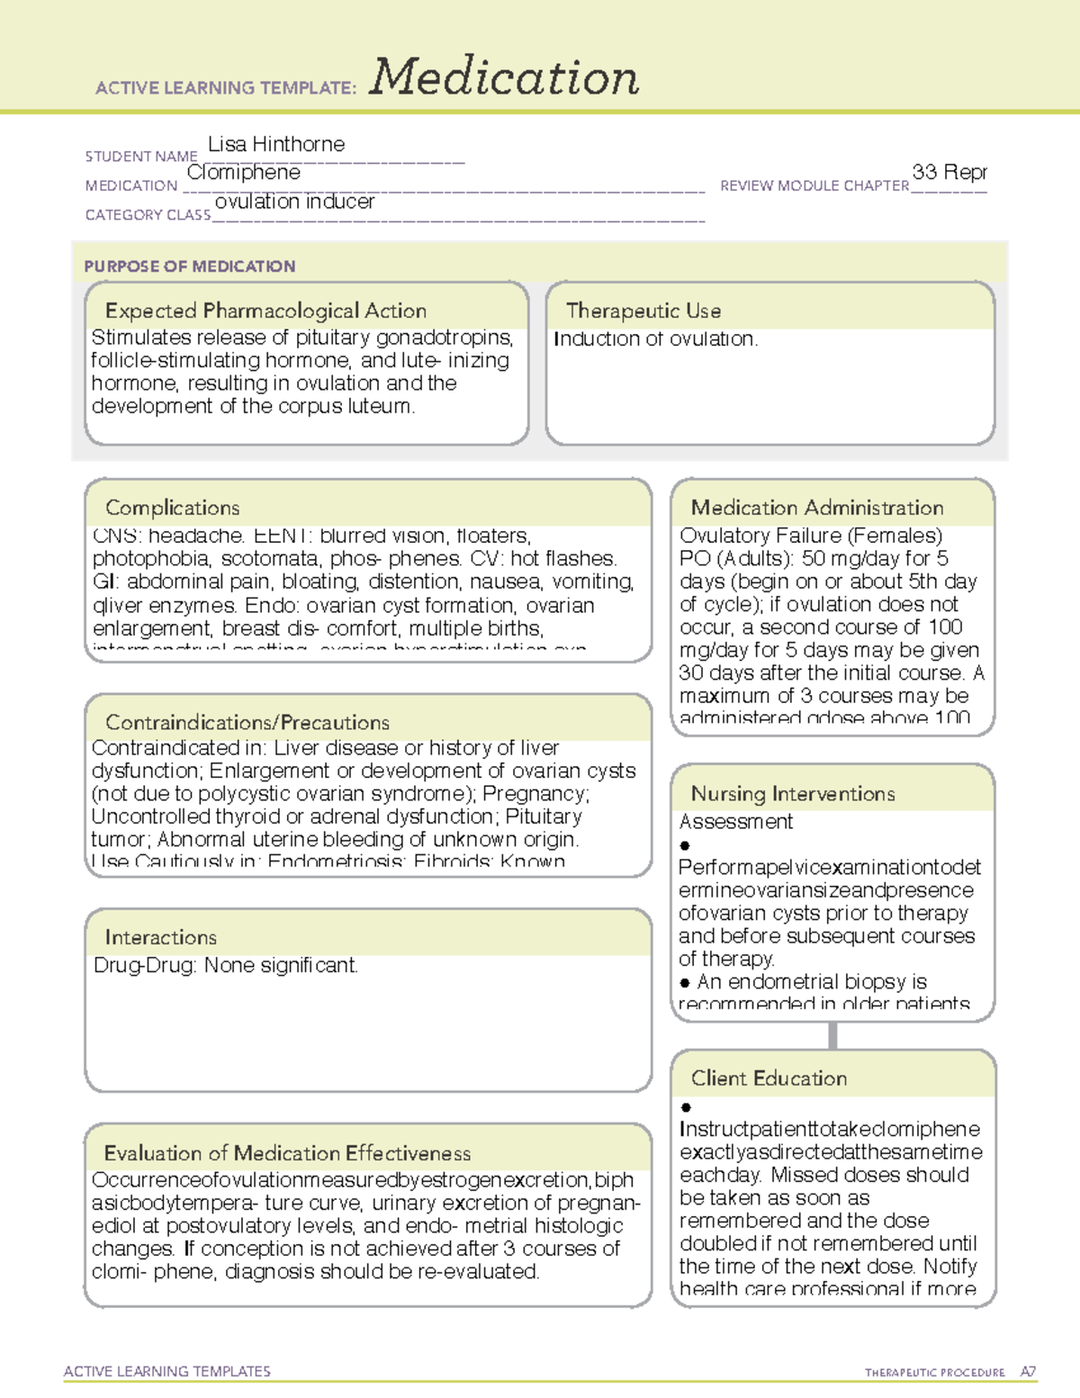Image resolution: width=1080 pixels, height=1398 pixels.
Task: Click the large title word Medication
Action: pos(504,77)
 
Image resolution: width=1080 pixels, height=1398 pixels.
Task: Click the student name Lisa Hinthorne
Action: pos(275,144)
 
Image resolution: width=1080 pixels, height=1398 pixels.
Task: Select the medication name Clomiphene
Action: pos(244,172)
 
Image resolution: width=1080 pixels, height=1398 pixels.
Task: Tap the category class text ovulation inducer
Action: pos(294,202)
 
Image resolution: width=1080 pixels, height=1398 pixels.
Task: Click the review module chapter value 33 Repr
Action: pos(949,172)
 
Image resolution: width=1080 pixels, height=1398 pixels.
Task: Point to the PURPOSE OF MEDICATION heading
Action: pos(190,266)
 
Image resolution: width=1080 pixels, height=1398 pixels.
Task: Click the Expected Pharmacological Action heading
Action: pos(265,311)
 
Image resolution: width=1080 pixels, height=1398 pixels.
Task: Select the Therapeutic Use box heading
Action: pos(643,311)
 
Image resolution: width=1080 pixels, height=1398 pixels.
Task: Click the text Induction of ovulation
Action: pos(655,339)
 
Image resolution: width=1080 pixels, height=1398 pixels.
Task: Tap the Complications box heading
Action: pos(173,508)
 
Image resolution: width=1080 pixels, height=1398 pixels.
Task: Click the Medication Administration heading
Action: pos(817,508)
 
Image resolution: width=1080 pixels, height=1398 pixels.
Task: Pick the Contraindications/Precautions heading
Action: pos(247,722)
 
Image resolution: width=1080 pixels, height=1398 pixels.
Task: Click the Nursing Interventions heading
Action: pos(793,793)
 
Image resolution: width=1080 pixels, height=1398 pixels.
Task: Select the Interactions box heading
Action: pos(160,937)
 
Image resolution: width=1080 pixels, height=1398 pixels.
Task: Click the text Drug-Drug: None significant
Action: pos(226,966)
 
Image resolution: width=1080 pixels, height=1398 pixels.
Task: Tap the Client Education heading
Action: pos(769,1078)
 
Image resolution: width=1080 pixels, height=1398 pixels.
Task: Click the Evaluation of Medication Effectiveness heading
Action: pos(287,1153)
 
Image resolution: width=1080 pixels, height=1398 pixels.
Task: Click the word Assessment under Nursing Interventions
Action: pos(735,822)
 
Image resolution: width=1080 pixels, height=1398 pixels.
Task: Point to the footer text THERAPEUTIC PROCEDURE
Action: pos(934,1373)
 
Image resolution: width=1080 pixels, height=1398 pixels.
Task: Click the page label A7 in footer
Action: pos(1028,1372)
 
